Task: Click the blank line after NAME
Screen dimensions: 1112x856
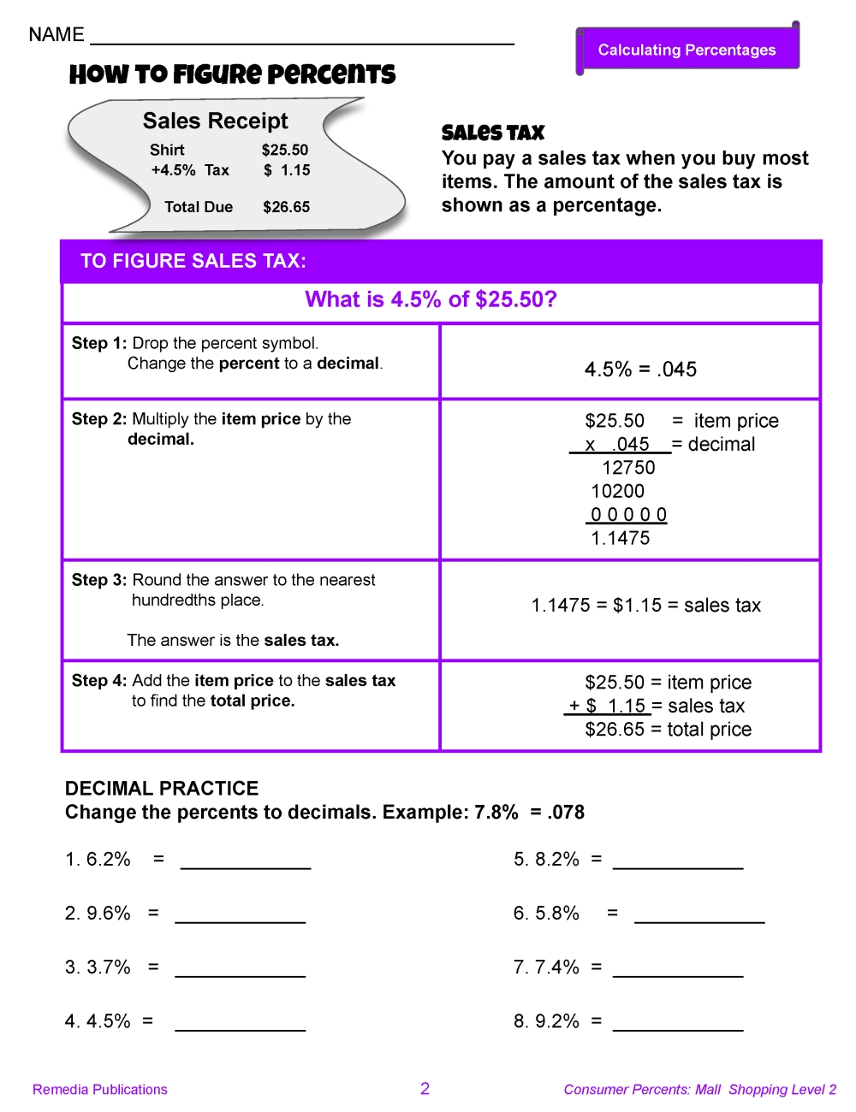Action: pos(301,39)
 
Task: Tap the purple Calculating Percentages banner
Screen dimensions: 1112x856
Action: pos(687,50)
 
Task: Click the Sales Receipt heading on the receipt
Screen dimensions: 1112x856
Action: pos(215,121)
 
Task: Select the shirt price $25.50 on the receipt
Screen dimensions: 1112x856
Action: pos(285,150)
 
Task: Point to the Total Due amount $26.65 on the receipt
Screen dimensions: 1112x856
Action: pos(286,207)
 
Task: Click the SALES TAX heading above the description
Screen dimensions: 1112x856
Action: pos(493,133)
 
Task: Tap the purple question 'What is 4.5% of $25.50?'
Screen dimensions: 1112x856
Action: pos(431,299)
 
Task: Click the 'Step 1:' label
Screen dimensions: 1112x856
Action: pos(99,343)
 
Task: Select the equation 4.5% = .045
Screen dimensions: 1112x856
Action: pos(640,370)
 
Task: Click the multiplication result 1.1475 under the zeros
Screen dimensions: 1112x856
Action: pos(621,538)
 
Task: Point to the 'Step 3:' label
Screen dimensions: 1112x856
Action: pos(99,580)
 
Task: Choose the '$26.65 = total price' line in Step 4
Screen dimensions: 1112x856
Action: pos(668,730)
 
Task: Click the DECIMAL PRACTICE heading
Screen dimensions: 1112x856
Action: pos(162,789)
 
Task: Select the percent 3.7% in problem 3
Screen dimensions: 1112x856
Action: pos(109,967)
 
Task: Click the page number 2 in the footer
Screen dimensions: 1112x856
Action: pos(425,1088)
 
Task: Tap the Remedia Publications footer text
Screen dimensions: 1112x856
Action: pos(100,1090)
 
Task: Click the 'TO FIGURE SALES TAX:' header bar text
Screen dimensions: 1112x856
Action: pos(193,261)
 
